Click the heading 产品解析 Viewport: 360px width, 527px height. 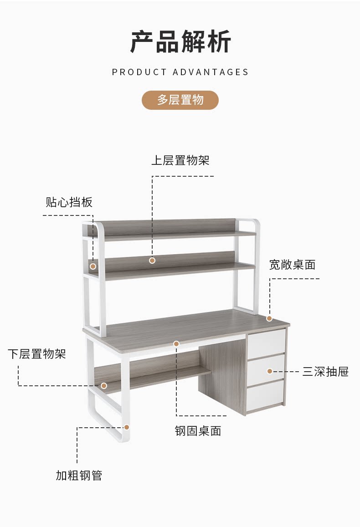click(x=180, y=42)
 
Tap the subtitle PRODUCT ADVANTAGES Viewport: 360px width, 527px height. click(x=180, y=72)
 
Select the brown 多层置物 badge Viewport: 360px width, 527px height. click(x=180, y=100)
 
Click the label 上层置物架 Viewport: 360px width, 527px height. click(x=180, y=160)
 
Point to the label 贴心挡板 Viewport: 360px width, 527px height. click(x=69, y=202)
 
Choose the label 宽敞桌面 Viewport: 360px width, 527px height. click(x=292, y=265)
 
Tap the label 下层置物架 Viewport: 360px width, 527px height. click(x=37, y=353)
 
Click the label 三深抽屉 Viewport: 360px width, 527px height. click(x=325, y=372)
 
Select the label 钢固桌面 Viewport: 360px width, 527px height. click(x=198, y=431)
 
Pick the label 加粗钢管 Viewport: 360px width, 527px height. click(x=79, y=476)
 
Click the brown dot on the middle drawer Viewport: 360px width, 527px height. click(x=270, y=371)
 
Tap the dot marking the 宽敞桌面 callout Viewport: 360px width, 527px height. click(x=269, y=318)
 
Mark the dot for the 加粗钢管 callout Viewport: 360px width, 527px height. click(x=127, y=427)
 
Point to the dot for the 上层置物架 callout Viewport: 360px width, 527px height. click(x=152, y=261)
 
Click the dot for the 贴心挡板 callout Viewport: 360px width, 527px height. click(x=93, y=266)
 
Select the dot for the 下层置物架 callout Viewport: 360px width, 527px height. click(x=104, y=386)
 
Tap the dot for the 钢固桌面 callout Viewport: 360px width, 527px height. click(x=176, y=343)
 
